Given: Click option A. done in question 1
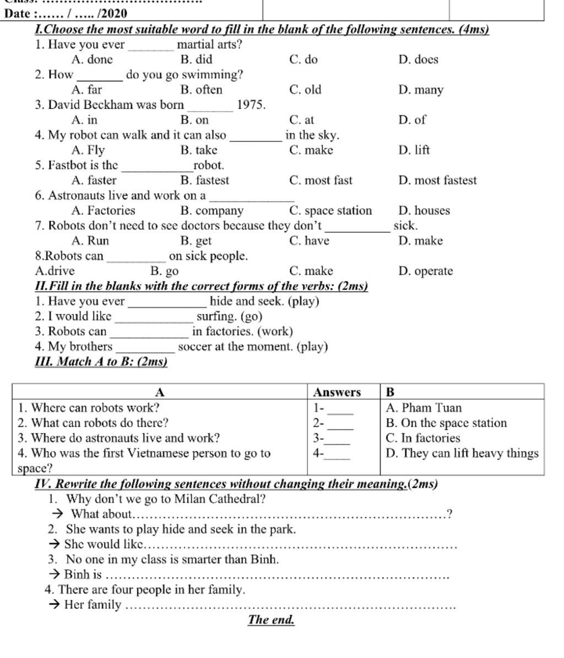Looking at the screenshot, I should point(92,59).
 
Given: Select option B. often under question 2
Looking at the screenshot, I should point(201,90).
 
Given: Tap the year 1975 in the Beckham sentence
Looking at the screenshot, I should point(251,105).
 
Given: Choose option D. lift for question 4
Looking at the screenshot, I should point(414,150).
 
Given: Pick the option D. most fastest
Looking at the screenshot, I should point(437,180).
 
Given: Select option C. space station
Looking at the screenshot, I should point(330,210).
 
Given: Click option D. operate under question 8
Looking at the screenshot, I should point(425,271).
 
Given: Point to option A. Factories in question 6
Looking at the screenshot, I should point(103,210).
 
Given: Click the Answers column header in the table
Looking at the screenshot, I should point(337,392).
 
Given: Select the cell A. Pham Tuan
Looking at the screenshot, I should point(424,408).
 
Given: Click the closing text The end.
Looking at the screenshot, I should point(272,619).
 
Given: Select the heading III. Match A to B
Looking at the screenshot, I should point(101,362).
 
